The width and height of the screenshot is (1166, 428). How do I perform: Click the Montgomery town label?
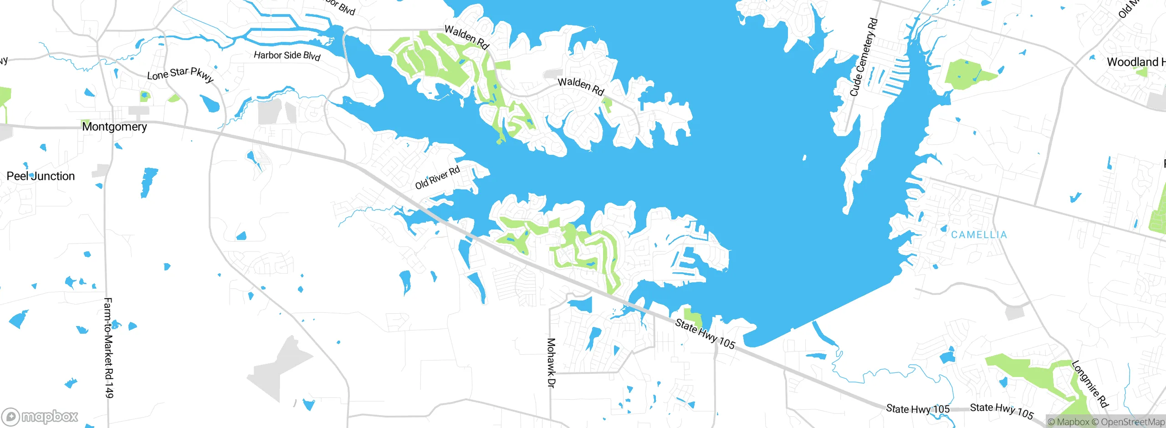pyautogui.click(x=114, y=127)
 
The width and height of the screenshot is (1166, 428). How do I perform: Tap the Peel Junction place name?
pyautogui.click(x=41, y=176)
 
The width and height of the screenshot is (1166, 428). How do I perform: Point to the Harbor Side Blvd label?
pyautogui.click(x=287, y=56)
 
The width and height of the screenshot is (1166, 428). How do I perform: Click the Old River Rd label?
pyautogui.click(x=437, y=178)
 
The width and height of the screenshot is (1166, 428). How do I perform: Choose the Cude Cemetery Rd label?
pyautogui.click(x=863, y=57)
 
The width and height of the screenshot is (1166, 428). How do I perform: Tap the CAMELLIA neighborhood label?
pyautogui.click(x=979, y=235)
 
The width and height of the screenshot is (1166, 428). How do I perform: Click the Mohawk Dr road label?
pyautogui.click(x=551, y=363)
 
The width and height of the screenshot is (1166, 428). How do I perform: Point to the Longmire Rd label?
pyautogui.click(x=1089, y=383)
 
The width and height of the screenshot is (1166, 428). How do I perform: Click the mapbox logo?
pyautogui.click(x=40, y=416)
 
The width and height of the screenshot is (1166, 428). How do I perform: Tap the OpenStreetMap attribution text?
pyautogui.click(x=1132, y=422)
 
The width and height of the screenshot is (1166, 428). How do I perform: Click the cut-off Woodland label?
pyautogui.click(x=1136, y=62)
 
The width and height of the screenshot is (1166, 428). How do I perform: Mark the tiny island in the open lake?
pyautogui.click(x=804, y=158)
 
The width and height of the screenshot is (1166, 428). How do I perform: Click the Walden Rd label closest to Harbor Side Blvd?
pyautogui.click(x=466, y=37)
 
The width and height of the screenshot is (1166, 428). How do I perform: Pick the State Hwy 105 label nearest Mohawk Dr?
pyautogui.click(x=705, y=334)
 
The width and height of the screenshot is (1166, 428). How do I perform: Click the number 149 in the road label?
pyautogui.click(x=109, y=389)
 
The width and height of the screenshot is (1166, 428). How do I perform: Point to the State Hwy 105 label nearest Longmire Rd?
pyautogui.click(x=1002, y=411)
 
